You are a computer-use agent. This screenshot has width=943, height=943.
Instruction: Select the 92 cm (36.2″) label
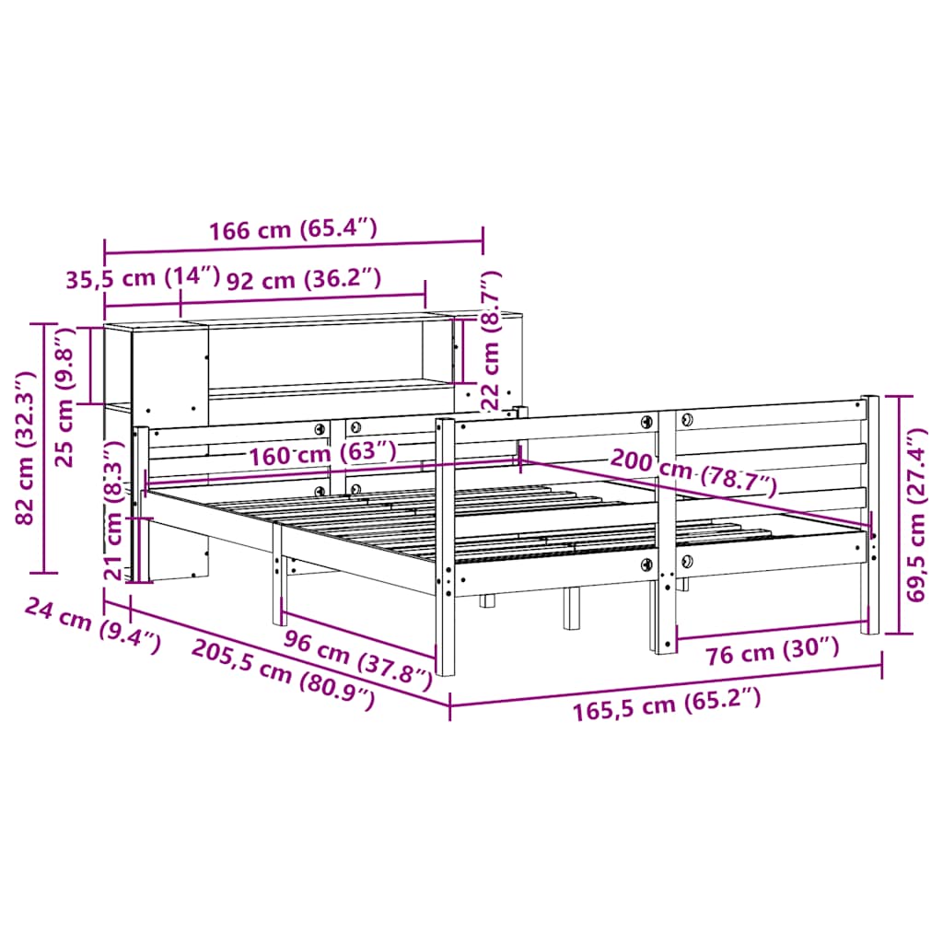pyautogui.click(x=303, y=279)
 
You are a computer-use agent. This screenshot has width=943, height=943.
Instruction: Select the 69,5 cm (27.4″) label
pyautogui.click(x=917, y=515)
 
